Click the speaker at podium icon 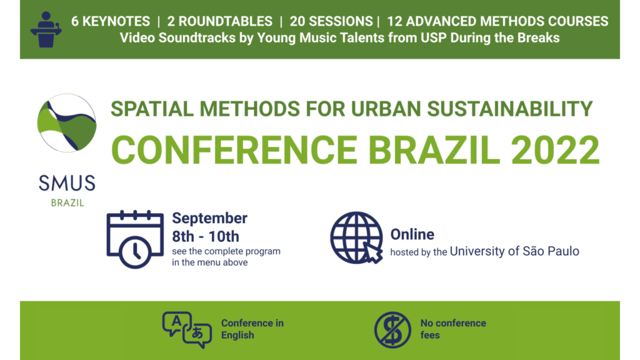[x=46, y=29]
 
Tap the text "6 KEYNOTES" [x=111, y=21]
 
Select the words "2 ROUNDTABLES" [x=219, y=21]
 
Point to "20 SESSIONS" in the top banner [x=331, y=21]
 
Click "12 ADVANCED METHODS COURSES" [x=497, y=21]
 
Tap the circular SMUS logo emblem [x=67, y=123]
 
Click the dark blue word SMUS [x=67, y=183]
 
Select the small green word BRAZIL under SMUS [x=67, y=203]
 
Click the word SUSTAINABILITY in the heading [x=510, y=109]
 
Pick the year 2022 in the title [x=555, y=150]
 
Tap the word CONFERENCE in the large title [x=234, y=150]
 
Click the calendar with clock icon [x=135, y=239]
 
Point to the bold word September [x=209, y=218]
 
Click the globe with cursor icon [x=357, y=237]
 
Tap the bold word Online [x=412, y=234]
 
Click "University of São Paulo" [x=514, y=251]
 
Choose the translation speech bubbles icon [x=187, y=330]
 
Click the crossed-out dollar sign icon [x=392, y=330]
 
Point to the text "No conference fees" [x=453, y=329]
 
